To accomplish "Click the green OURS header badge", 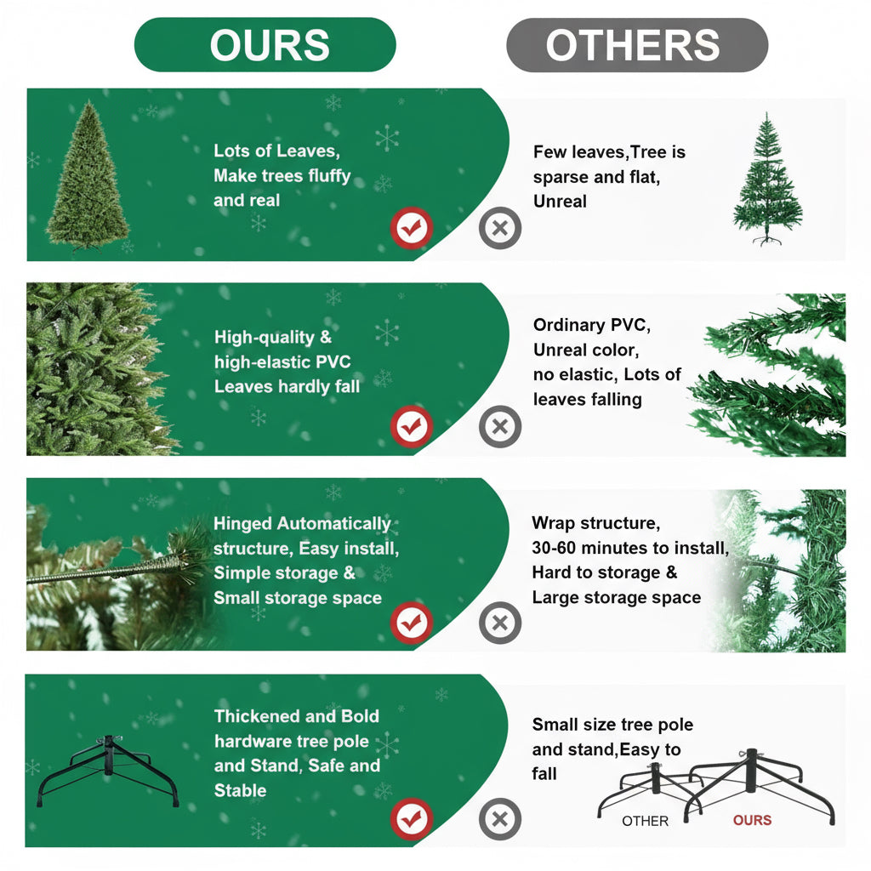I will [x=265, y=45].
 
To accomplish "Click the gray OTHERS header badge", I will [x=637, y=45].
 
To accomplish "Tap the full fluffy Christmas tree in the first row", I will [x=88, y=177].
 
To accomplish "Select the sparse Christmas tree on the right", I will [x=767, y=181].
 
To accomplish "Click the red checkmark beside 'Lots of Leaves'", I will [x=412, y=228].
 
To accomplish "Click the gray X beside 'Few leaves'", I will [x=500, y=228].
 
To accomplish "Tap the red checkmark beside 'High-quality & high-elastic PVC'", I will [x=412, y=426].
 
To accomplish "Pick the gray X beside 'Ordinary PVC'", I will [x=500, y=426].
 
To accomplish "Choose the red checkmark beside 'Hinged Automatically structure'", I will [x=412, y=623].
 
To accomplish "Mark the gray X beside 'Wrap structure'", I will [x=500, y=623].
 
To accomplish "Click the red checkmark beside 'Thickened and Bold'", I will [x=412, y=820].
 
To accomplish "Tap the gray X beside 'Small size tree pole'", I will [x=500, y=820].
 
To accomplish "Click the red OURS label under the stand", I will [x=752, y=820].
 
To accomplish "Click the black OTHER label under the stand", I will [x=645, y=821].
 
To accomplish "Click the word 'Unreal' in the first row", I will [x=560, y=202].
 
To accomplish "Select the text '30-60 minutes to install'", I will [x=630, y=548].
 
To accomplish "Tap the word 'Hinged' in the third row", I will [x=243, y=524].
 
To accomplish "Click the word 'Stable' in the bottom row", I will [x=240, y=790].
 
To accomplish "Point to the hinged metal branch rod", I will [x=102, y=572].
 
